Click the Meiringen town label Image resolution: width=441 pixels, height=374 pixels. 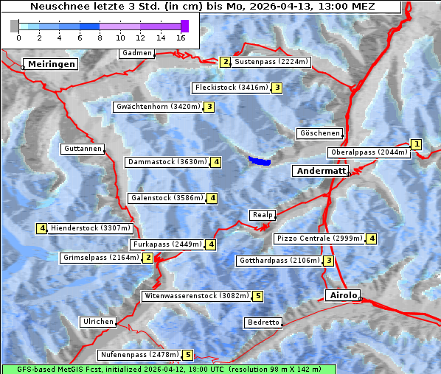[51, 64]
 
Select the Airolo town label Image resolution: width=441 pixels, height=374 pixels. [343, 295]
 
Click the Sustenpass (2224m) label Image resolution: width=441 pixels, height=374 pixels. [271, 62]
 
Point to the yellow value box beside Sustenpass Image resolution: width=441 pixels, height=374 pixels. [226, 62]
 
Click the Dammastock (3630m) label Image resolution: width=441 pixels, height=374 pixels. [167, 162]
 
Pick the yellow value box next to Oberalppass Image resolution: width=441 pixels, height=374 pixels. [417, 144]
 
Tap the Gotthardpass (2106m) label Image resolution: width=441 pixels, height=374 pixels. [279, 261]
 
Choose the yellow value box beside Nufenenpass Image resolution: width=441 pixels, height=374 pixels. [188, 355]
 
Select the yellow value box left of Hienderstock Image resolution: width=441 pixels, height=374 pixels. [42, 228]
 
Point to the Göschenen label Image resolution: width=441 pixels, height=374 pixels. [320, 133]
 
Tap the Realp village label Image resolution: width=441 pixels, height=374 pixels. [263, 215]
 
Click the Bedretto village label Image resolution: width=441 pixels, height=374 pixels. [263, 322]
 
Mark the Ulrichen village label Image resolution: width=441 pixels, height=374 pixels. [98, 322]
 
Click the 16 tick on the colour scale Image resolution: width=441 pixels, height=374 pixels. [181, 37]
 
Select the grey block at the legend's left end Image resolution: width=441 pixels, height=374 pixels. [14, 26]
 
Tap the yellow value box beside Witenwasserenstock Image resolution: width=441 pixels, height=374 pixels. [257, 296]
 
